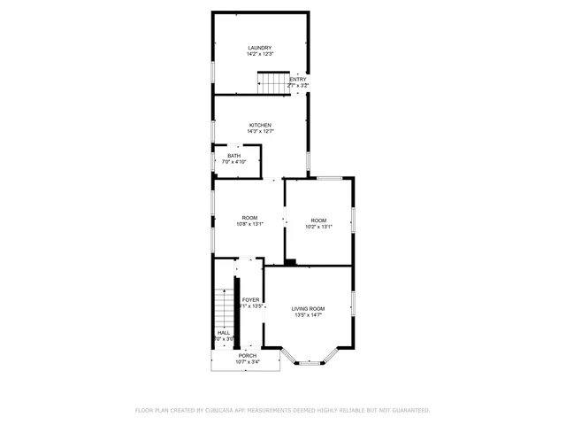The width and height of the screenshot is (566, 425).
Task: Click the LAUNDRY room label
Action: (259, 48)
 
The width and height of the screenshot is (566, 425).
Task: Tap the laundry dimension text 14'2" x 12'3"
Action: (259, 55)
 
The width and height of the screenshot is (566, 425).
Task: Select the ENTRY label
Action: (298, 79)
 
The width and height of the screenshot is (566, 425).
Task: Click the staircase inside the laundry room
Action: (273, 83)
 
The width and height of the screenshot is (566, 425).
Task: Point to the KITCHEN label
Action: (259, 125)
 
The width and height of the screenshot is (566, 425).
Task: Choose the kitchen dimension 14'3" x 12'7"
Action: (259, 132)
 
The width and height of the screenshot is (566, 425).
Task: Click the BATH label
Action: (233, 156)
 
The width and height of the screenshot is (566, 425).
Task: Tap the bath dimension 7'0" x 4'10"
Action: (233, 162)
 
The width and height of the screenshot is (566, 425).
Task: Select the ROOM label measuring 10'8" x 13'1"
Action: (249, 218)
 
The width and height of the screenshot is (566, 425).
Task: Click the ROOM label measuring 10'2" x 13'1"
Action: (318, 220)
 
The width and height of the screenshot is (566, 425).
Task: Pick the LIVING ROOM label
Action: (309, 308)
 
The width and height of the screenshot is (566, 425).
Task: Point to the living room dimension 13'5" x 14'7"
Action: (309, 315)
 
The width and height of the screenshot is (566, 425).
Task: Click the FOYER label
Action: (250, 300)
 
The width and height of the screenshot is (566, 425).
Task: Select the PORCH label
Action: (247, 355)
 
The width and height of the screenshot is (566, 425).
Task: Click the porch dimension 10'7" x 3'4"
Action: (247, 362)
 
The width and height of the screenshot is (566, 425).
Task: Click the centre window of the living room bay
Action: (309, 363)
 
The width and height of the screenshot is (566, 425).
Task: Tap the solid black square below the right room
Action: (290, 262)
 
